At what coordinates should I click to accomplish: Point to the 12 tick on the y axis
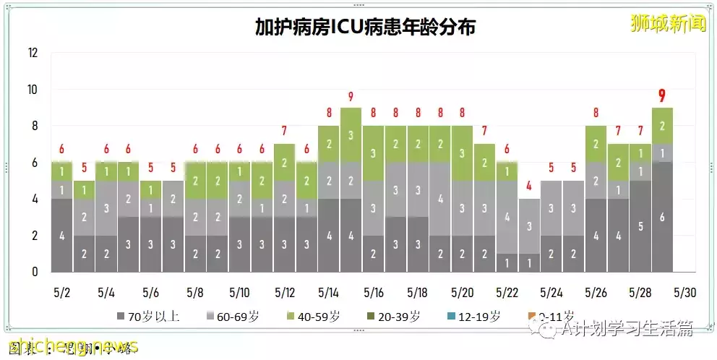33,53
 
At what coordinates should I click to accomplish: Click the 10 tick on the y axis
33,90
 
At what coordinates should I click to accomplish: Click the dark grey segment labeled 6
663,218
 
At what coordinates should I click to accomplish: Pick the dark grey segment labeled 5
640,226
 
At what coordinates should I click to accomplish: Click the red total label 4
529,185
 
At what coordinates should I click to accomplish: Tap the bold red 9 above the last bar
663,95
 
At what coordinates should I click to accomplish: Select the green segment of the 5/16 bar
373,153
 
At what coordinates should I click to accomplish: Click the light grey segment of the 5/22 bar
507,217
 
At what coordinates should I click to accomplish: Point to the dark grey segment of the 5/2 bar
61,236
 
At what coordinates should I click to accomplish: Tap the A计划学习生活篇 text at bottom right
627,330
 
